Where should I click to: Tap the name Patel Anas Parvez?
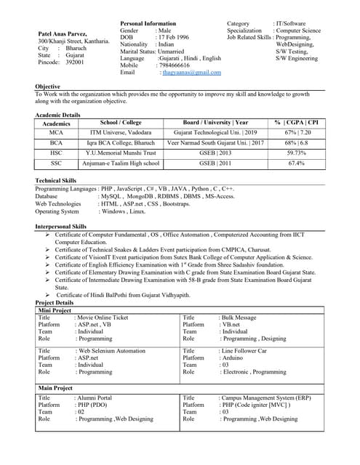pyautogui.click(x=73, y=34)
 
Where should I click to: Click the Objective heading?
pyautogui.click(x=47, y=87)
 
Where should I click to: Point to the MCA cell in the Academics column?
pyautogui.click(x=57, y=133)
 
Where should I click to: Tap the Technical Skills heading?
pyautogui.click(x=55, y=180)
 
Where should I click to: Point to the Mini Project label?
pyautogui.click(x=55, y=310)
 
